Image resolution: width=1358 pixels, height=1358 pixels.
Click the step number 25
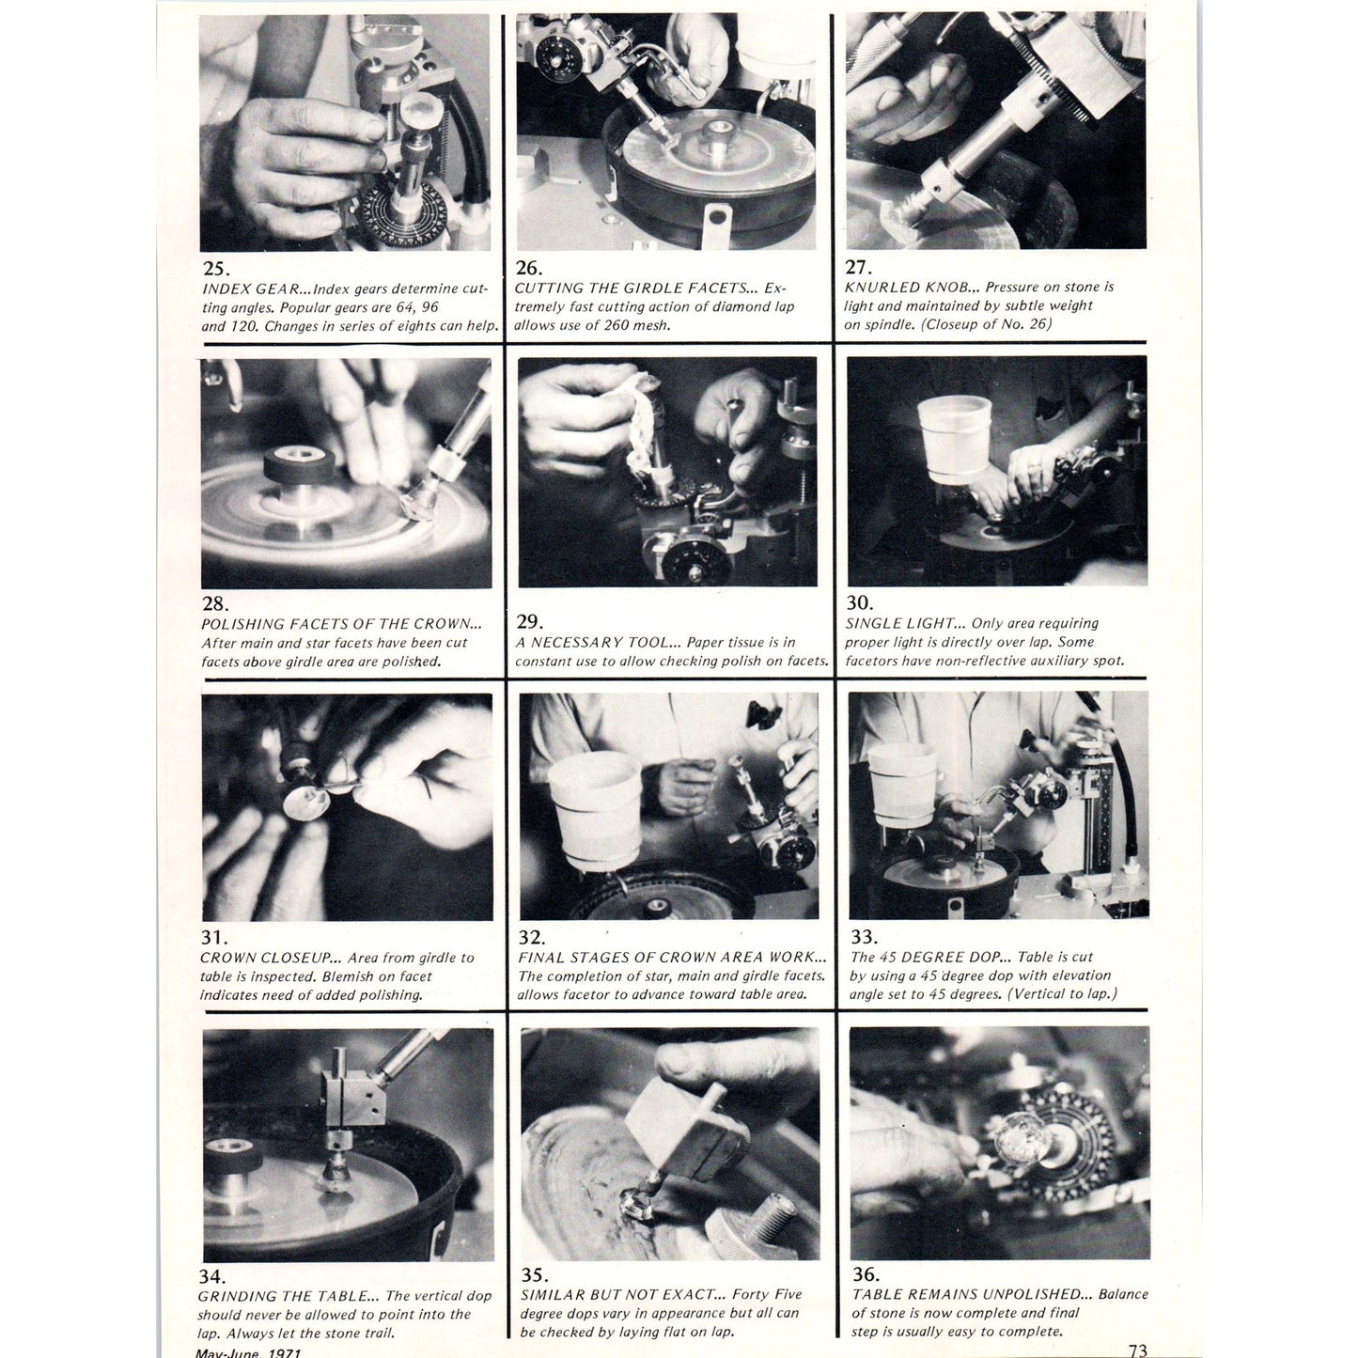215,269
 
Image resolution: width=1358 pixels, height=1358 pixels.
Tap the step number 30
860,603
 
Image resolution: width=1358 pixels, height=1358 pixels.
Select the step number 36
866,1274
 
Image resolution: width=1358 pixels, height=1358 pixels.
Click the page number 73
1137,1350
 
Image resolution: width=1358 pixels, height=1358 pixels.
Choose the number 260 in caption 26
613,326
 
